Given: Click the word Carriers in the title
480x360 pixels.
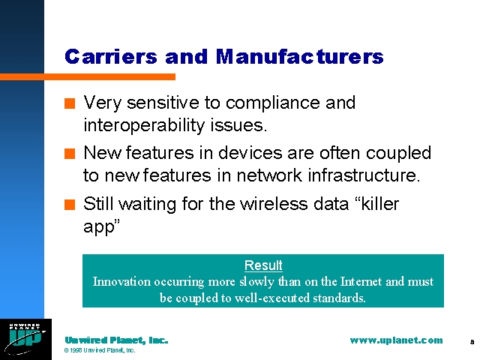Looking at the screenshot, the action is tap(111, 57).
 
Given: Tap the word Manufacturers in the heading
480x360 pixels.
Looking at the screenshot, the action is tap(300, 57).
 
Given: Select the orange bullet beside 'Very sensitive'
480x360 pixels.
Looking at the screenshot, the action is tap(70, 103).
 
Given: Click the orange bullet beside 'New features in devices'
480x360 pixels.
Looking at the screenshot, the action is tap(70, 154).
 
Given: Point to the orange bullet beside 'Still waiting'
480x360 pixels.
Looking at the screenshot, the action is tap(70, 205).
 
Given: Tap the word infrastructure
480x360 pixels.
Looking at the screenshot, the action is tap(364, 175).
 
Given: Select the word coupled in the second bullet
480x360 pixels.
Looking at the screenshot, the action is tap(398, 154).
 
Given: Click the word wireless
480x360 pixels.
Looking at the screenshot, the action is tap(273, 203).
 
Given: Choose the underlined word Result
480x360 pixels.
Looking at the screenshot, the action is tap(263, 265).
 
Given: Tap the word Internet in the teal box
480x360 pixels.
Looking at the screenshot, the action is tap(361, 282).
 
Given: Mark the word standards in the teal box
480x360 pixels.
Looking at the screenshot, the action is tap(339, 298).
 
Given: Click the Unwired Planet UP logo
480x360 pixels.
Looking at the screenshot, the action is tap(25, 339).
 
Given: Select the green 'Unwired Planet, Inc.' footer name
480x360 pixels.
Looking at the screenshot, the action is tap(116, 340).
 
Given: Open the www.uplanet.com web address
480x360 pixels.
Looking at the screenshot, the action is tap(397, 340).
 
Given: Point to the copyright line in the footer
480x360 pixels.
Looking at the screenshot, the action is tap(100, 350).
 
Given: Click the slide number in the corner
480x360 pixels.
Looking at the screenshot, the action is tap(472, 342).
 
